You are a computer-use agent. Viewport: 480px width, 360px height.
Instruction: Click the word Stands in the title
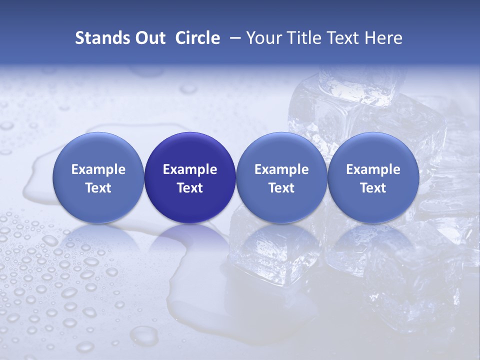click(98, 38)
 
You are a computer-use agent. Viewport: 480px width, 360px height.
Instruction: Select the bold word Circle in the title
click(197, 38)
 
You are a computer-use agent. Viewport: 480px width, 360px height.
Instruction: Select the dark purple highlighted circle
click(190, 177)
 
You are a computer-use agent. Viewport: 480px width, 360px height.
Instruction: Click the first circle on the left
click(98, 177)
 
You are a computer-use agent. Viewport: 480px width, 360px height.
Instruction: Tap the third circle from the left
click(281, 177)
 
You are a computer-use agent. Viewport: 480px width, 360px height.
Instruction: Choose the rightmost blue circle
click(373, 177)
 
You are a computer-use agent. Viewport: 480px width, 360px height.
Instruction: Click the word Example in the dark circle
click(190, 169)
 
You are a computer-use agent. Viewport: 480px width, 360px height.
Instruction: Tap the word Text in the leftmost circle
click(98, 188)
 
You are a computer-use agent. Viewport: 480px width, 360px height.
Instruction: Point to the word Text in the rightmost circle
click(373, 188)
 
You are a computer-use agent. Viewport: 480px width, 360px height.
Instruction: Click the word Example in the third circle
click(281, 169)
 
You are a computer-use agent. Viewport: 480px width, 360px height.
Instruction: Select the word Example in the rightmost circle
click(373, 169)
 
